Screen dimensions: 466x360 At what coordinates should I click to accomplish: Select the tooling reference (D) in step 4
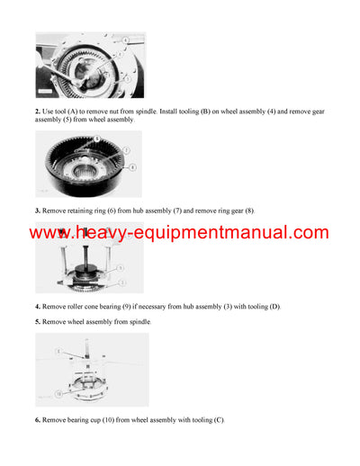point(273,307)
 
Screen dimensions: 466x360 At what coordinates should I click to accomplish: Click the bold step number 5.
point(38,321)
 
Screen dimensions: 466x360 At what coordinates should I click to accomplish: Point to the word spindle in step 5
point(137,321)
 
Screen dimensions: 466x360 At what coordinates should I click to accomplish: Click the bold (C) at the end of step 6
point(220,420)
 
